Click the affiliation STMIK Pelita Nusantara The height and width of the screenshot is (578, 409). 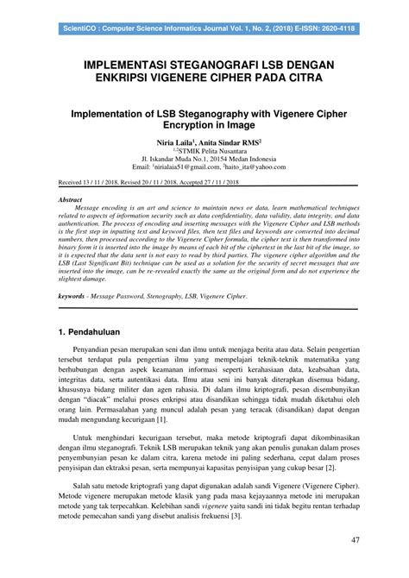206,151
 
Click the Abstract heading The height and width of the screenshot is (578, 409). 71,198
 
